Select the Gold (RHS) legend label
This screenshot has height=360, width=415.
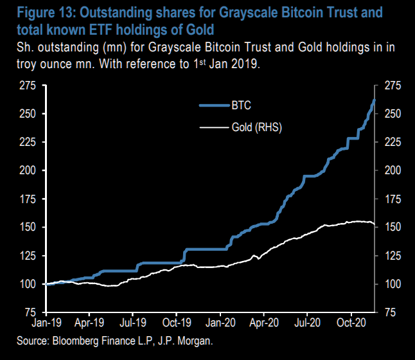pos(257,127)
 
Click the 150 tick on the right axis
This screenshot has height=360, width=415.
pos(393,227)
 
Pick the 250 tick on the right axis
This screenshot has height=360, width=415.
pos(393,114)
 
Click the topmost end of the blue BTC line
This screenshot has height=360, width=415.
pos(374,100)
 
